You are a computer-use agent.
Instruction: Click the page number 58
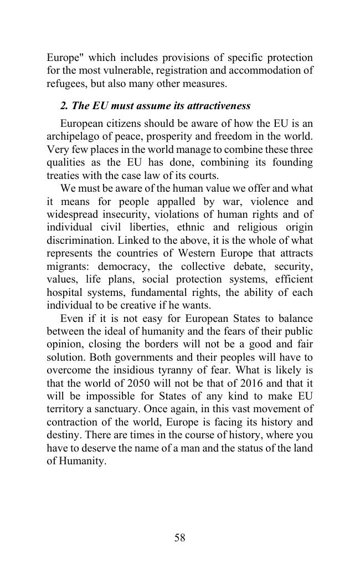pyautogui.click(x=179, y=537)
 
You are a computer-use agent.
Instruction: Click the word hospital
pyautogui.click(x=64, y=293)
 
